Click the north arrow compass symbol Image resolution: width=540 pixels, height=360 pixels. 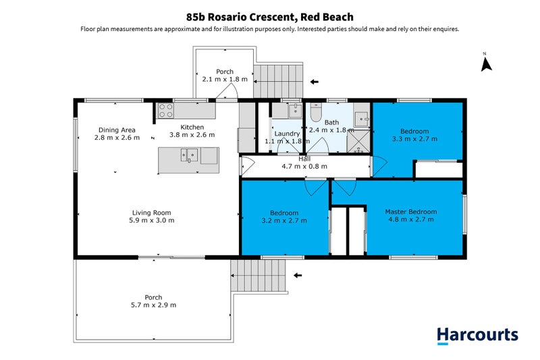[x=485, y=63]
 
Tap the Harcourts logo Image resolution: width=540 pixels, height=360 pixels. [x=477, y=334]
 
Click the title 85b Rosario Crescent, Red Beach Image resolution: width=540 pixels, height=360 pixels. [x=270, y=16]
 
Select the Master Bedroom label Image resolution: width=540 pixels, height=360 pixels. [x=410, y=211]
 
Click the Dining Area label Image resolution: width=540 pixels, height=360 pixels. [x=117, y=130]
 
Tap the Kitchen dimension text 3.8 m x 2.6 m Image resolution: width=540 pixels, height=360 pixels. [x=192, y=135]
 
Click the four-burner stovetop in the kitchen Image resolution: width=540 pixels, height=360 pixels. [x=166, y=111]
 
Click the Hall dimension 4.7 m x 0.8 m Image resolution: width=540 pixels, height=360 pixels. [x=304, y=166]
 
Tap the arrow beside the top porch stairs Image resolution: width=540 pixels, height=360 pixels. [x=314, y=82]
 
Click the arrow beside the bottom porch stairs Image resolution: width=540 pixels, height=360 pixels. [x=297, y=276]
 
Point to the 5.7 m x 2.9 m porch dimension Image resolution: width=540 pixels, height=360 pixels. [x=153, y=305]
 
